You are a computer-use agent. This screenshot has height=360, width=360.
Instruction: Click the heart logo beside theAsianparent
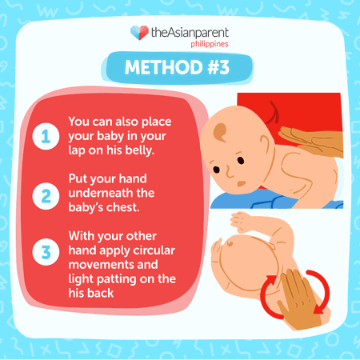tap(138, 32)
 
